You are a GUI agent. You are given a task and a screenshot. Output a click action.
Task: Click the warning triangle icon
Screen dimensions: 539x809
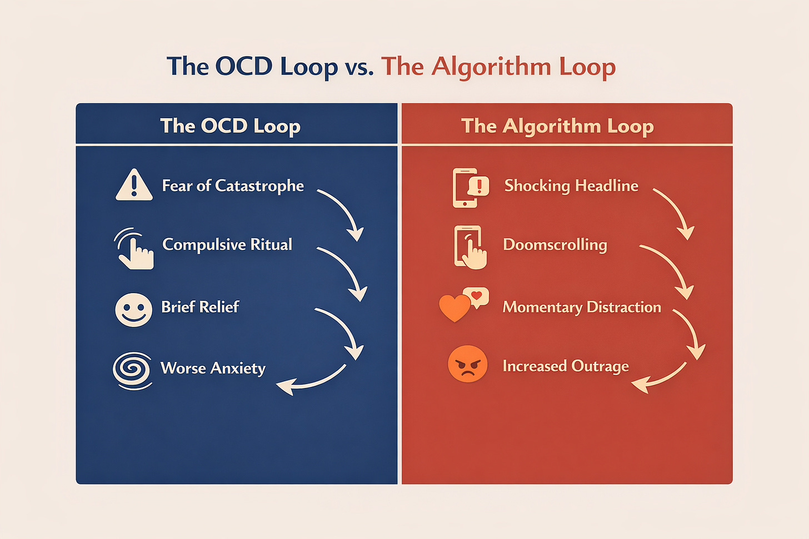coord(134,185)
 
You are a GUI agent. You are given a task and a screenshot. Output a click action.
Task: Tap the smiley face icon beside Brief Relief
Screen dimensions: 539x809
coord(133,310)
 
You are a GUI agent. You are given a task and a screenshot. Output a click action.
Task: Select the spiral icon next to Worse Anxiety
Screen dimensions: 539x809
coord(132,370)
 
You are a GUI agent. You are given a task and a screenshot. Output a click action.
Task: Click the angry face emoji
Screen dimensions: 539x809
coord(467,364)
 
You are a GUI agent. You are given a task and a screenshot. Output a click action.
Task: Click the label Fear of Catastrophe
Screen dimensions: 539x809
coord(233,185)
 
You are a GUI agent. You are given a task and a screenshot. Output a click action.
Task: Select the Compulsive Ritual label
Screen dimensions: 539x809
coord(227,244)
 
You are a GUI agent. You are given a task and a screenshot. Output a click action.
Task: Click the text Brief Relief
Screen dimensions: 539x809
coord(200,307)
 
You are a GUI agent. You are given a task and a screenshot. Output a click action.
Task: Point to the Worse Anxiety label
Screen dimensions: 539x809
coord(213,368)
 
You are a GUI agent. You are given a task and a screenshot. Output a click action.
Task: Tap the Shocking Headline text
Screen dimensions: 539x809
coord(571,185)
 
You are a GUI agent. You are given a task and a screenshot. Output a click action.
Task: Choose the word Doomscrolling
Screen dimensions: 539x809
coord(555,245)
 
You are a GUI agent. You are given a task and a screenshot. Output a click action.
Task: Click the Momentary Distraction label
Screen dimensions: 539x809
coord(582,307)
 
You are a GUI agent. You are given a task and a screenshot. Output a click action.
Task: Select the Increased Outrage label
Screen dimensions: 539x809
coord(566,366)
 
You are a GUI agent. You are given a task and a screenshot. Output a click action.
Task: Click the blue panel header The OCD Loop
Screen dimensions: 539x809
coord(230,125)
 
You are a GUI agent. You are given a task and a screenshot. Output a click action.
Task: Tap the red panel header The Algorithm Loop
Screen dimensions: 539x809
coord(557,125)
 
